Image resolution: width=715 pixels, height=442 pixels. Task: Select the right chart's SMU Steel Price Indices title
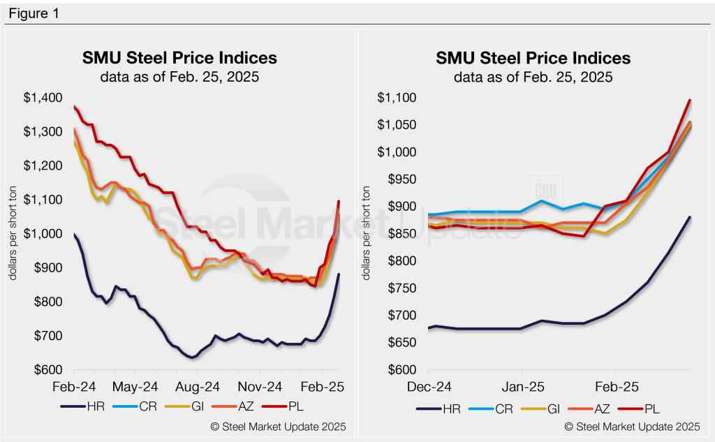click(x=533, y=57)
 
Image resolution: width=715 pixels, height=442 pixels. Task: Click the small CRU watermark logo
click(x=545, y=190)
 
